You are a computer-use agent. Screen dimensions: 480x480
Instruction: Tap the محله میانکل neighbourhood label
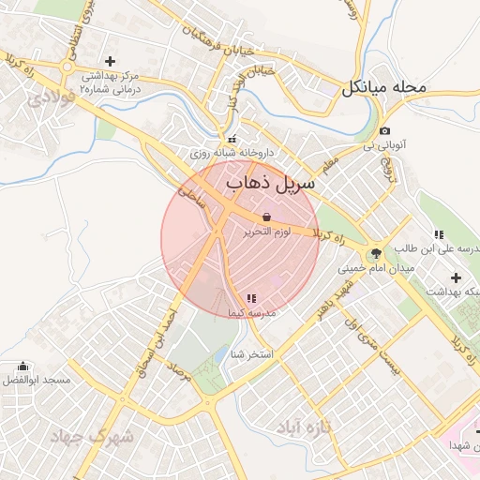(x=384, y=87)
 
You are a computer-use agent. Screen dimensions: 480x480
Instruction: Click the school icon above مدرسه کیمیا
(x=250, y=298)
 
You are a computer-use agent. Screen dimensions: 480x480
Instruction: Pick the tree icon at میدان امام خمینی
(x=375, y=252)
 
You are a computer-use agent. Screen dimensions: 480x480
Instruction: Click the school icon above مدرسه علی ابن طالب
(x=438, y=234)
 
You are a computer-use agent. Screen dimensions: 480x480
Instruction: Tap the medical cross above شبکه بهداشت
(x=456, y=277)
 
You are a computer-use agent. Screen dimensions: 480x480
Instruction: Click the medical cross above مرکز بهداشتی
(x=111, y=60)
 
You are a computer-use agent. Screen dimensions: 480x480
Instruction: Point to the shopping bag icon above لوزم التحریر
(x=266, y=217)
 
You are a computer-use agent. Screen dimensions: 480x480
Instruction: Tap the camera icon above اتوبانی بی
(x=385, y=131)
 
